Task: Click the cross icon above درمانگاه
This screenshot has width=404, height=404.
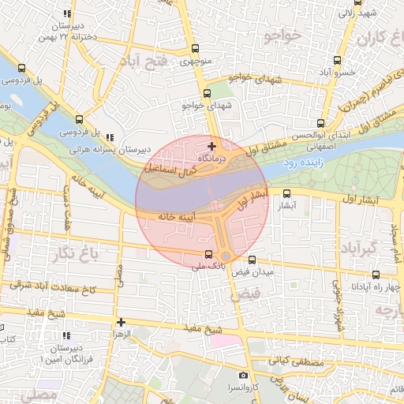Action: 211,146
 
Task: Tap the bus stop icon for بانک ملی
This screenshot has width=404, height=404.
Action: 208,254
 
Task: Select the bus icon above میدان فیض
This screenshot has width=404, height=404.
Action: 252,260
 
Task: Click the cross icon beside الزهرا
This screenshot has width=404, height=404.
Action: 121,322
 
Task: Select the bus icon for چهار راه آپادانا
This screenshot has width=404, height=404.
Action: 375,275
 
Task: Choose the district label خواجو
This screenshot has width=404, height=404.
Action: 285,36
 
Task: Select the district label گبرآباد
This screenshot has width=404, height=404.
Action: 354,249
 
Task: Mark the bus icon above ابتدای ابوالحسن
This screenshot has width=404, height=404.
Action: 320,123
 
